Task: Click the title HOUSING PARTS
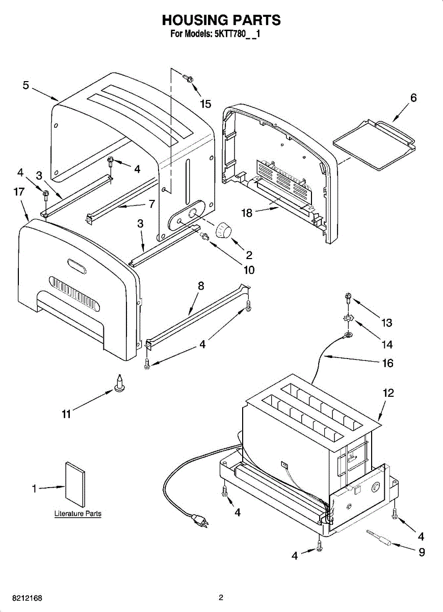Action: (221, 20)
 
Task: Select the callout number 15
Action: (205, 104)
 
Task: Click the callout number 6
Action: (413, 97)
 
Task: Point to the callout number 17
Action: (19, 192)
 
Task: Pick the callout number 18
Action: (247, 213)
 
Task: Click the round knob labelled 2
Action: (223, 231)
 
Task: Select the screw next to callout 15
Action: (188, 78)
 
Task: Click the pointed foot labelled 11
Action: (120, 384)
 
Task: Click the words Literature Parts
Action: (78, 514)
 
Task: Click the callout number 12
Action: (388, 393)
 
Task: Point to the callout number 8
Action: (201, 286)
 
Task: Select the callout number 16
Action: (387, 363)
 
